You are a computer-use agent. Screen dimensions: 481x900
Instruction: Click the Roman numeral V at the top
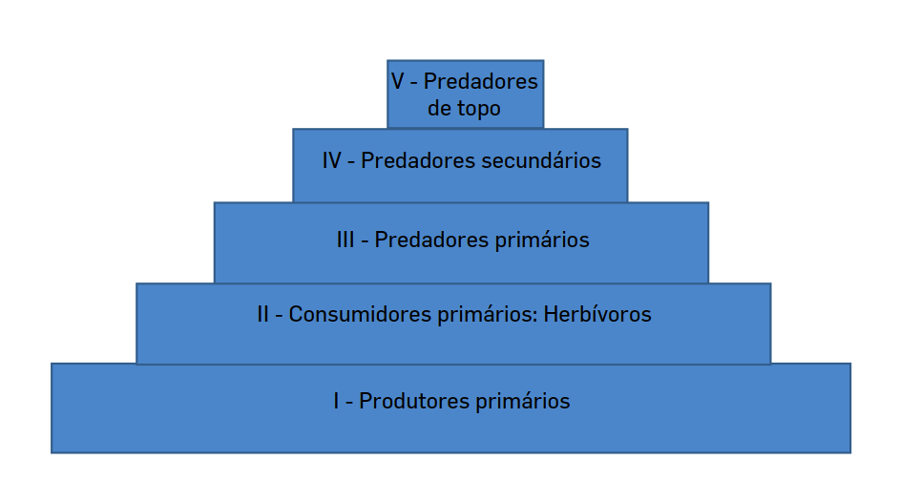point(397,82)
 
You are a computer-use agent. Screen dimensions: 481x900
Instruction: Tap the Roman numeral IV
point(332,161)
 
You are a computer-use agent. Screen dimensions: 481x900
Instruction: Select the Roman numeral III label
point(345,240)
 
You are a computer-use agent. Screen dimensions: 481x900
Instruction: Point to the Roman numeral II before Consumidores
point(263,314)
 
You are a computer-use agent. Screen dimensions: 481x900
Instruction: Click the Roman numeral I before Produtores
point(337,402)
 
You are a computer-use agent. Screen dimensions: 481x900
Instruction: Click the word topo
point(477,109)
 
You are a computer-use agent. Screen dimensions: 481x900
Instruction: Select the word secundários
point(541,161)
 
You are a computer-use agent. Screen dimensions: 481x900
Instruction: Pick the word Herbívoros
point(597,314)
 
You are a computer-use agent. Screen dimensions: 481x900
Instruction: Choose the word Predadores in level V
point(481,82)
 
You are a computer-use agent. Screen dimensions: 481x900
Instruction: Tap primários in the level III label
point(542,240)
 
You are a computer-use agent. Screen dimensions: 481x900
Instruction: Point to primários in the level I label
point(522,402)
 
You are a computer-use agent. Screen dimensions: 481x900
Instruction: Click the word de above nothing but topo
point(439,109)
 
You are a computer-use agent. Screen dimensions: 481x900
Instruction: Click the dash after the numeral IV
point(351,161)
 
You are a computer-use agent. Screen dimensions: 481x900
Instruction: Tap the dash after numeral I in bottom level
point(349,402)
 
